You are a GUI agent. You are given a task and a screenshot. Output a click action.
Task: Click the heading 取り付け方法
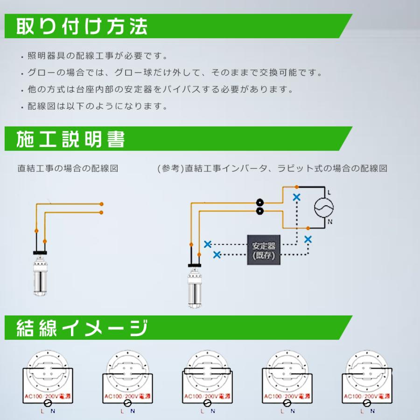click(x=82, y=27)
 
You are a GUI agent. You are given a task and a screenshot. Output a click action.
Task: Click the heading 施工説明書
click(x=70, y=139)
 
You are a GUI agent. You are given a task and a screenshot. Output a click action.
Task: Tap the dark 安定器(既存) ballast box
click(x=264, y=251)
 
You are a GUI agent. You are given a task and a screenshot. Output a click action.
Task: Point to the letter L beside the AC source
click(x=330, y=192)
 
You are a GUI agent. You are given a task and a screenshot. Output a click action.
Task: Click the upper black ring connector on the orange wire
click(x=260, y=203)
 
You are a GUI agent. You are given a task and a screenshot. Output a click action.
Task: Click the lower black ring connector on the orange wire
click(x=260, y=212)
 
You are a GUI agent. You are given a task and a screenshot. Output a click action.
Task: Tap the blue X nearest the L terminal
click(x=296, y=197)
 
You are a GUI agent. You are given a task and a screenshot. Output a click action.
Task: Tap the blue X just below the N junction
click(x=308, y=239)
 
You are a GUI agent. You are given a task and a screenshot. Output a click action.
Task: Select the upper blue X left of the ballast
click(x=208, y=244)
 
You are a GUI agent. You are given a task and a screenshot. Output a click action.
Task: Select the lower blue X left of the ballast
click(x=217, y=254)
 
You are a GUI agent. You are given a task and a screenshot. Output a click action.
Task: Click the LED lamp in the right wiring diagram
click(x=195, y=284)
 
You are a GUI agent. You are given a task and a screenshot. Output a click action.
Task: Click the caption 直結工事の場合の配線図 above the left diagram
click(x=68, y=168)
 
